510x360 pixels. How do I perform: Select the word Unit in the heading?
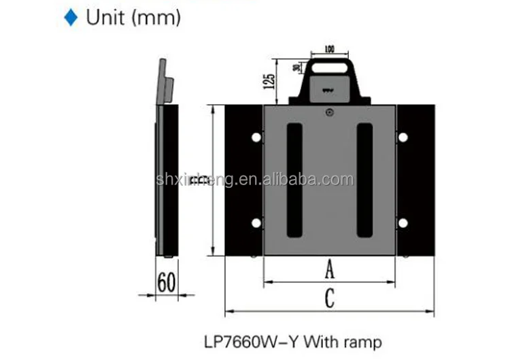point(105,18)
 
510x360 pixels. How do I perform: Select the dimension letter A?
point(329,270)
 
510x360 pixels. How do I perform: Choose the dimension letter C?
point(329,299)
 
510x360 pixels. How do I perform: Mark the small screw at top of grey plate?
point(329,113)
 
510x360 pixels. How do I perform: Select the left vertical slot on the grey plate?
point(294,180)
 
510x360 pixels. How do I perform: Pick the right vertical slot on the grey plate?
point(364,180)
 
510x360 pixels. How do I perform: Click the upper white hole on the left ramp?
point(256,137)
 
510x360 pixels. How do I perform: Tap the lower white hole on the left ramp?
point(256,223)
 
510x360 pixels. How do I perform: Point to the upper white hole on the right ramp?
point(403,137)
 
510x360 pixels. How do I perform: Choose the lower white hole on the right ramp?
point(403,223)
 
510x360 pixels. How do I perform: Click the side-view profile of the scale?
point(167,177)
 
